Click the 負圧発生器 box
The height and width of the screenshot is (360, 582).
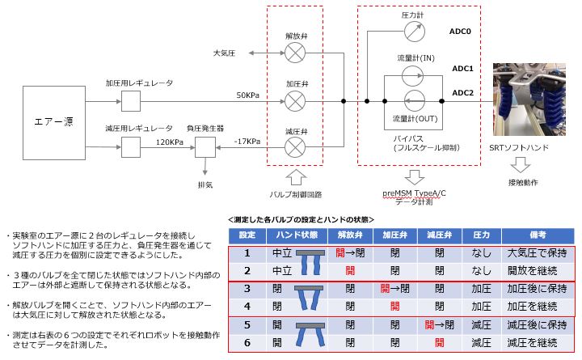(205, 147)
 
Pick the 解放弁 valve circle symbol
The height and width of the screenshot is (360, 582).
(297, 53)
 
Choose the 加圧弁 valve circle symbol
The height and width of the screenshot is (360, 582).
(297, 101)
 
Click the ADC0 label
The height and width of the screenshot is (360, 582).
(461, 32)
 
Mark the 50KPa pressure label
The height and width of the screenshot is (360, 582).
(249, 95)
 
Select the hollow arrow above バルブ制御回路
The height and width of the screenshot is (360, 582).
(297, 176)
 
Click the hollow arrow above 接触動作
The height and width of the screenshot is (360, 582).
(522, 164)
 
